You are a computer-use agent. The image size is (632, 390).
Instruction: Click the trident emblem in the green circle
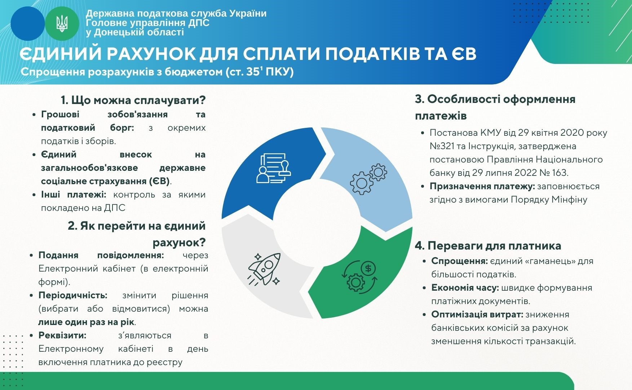(x=62, y=23)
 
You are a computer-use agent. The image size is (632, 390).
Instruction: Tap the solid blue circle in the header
(x=28, y=23)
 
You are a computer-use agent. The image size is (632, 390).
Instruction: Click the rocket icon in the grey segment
(x=264, y=269)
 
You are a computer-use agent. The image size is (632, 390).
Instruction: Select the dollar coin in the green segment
(x=368, y=268)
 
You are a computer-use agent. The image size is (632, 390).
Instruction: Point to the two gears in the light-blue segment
(x=368, y=179)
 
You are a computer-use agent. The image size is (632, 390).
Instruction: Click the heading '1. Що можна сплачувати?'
(x=133, y=100)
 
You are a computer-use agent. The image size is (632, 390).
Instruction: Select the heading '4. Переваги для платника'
(x=488, y=246)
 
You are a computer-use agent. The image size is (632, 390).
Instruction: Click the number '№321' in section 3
(x=441, y=146)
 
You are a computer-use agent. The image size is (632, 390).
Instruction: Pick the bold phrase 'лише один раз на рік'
(x=87, y=322)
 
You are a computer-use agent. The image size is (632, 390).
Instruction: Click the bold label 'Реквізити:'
(x=62, y=335)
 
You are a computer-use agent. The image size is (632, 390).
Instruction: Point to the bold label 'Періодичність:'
(x=73, y=295)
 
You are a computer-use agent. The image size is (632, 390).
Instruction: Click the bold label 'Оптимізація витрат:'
(x=477, y=315)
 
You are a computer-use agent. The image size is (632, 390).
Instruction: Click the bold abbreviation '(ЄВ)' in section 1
(x=159, y=181)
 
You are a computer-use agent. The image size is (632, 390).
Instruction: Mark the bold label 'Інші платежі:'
(x=74, y=195)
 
